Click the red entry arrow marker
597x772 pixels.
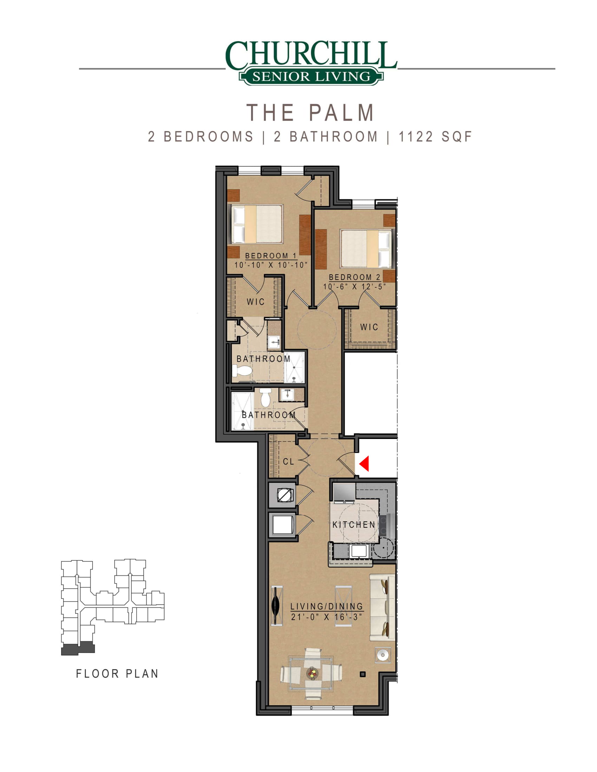pos(365,464)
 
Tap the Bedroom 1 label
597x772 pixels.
pos(271,255)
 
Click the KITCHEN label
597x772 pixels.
pos(354,525)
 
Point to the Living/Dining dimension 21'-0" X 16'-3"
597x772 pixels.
pos(327,617)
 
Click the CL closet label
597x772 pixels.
pos(289,462)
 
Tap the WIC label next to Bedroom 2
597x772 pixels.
pos(369,327)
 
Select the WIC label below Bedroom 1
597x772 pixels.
pos(256,301)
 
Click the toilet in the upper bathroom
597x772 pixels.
pos(242,371)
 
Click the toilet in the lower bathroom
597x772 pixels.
pos(265,397)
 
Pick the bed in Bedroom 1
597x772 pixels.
pos(257,224)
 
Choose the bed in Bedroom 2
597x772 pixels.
pos(366,248)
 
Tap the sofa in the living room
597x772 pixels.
pos(382,607)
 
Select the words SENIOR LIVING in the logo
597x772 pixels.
pos(311,76)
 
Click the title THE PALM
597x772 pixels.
pos(310,112)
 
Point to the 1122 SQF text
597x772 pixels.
pos(435,137)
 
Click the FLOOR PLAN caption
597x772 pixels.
pos(117,674)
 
